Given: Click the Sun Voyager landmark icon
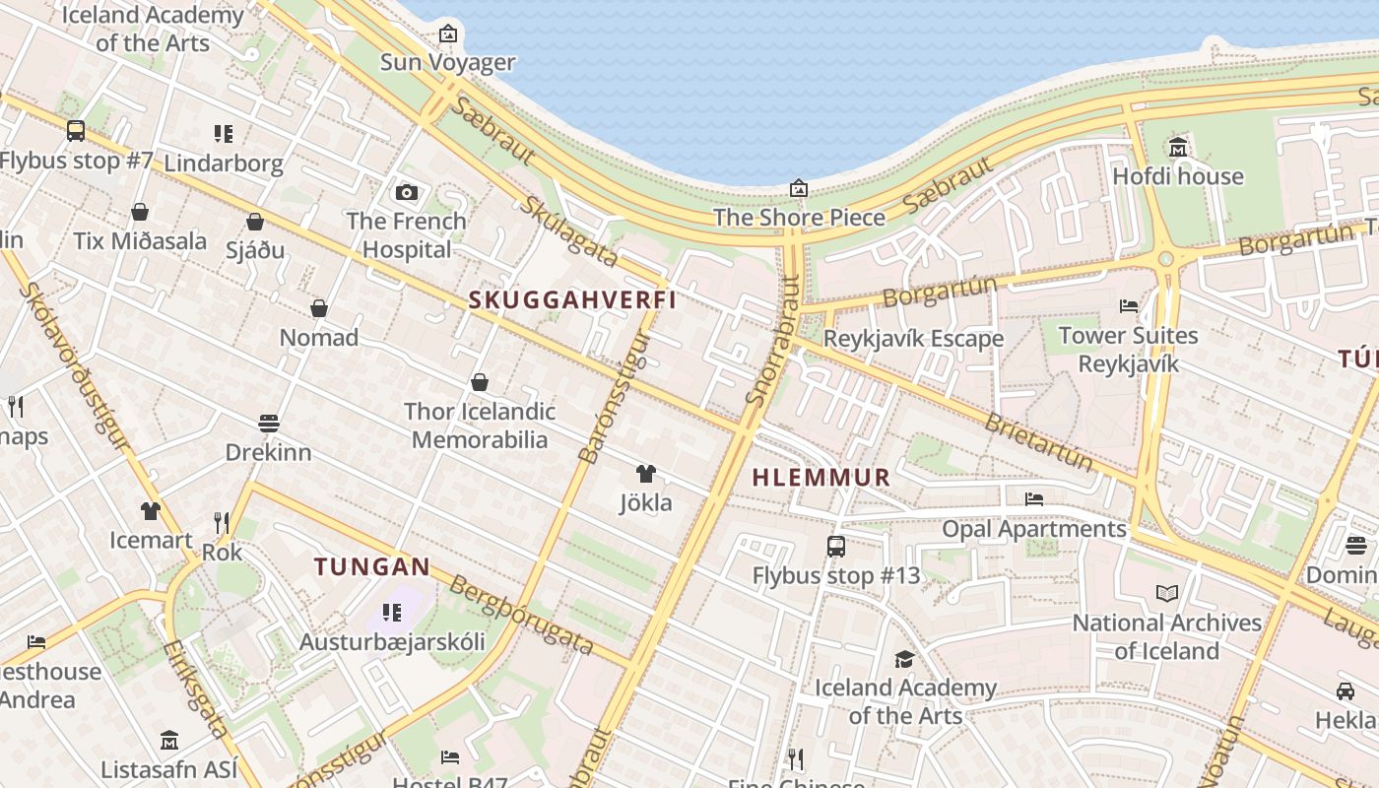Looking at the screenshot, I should (x=448, y=33).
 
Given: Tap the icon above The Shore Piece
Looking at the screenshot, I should (x=799, y=187).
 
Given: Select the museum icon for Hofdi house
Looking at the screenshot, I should (x=1177, y=148).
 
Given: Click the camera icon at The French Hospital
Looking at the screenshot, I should (x=406, y=192).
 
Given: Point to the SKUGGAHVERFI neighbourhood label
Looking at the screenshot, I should (x=572, y=300).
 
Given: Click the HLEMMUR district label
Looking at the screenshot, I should (x=821, y=478).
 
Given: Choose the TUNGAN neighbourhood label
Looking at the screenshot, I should (x=372, y=566).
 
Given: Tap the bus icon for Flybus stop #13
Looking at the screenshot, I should (x=835, y=546).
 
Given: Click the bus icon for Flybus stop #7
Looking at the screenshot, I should (x=75, y=130).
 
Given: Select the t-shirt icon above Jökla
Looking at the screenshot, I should (x=645, y=474).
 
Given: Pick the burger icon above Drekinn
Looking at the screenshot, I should (x=269, y=424).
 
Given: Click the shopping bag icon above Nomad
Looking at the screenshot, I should (x=319, y=308).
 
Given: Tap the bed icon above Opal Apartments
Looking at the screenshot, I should (x=1033, y=499).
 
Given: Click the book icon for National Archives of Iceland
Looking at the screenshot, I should (x=1167, y=593).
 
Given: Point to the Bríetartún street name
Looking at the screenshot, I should (x=1039, y=439).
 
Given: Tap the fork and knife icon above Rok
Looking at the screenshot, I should (x=222, y=522).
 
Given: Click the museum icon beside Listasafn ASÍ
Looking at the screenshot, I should (x=169, y=740).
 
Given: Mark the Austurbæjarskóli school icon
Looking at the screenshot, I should (x=392, y=613).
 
